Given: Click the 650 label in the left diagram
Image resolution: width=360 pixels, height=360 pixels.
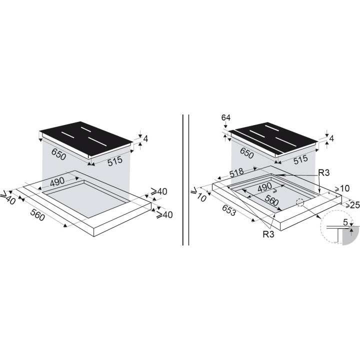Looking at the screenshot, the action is coord(59,154).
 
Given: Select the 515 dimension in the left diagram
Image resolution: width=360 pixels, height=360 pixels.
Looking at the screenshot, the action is coord(115,161).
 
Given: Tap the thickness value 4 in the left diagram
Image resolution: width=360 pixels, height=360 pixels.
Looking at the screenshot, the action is coord(145,138).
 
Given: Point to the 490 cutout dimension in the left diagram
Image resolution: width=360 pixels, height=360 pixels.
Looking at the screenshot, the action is coord(57,182).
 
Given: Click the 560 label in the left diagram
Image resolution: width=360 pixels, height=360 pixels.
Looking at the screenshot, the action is coord(37,215).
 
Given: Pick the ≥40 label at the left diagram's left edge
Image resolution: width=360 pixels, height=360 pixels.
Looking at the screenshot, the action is coord(8,197).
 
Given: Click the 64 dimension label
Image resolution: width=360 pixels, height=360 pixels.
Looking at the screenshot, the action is coord(225,117).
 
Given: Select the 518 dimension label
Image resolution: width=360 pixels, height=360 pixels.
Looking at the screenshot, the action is coord(236,172).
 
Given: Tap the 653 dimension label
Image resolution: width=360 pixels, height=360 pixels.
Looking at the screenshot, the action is coord(228,210).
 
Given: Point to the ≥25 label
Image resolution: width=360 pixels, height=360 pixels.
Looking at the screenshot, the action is coord(352,205).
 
